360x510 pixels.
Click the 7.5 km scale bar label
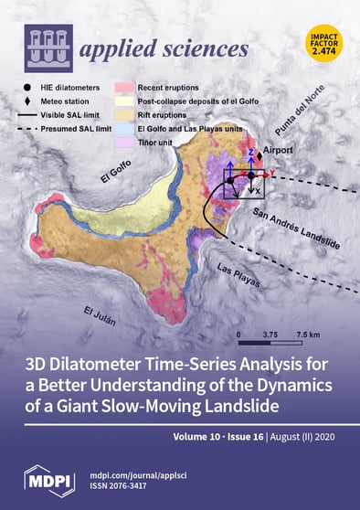tap(309, 335)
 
